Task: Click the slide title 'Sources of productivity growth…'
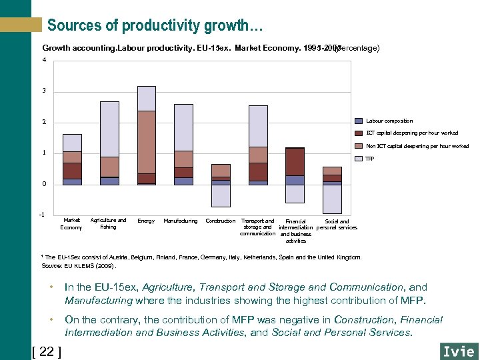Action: click(155, 26)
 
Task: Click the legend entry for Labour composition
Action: click(389, 121)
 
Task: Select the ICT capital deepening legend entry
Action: click(412, 133)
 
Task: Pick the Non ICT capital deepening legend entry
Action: click(417, 146)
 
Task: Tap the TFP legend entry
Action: click(371, 159)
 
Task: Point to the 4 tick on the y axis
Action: click(44, 60)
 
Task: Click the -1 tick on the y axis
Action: click(43, 214)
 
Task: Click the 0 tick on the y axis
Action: click(44, 183)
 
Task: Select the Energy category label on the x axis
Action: click(145, 221)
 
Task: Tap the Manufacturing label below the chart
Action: click(180, 221)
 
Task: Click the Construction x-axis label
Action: click(220, 221)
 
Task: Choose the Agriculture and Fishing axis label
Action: click(108, 223)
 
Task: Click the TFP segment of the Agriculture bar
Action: click(109, 129)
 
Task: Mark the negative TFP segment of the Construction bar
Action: click(221, 195)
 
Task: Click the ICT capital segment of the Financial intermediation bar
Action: click(295, 161)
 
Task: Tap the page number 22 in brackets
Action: click(47, 351)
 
